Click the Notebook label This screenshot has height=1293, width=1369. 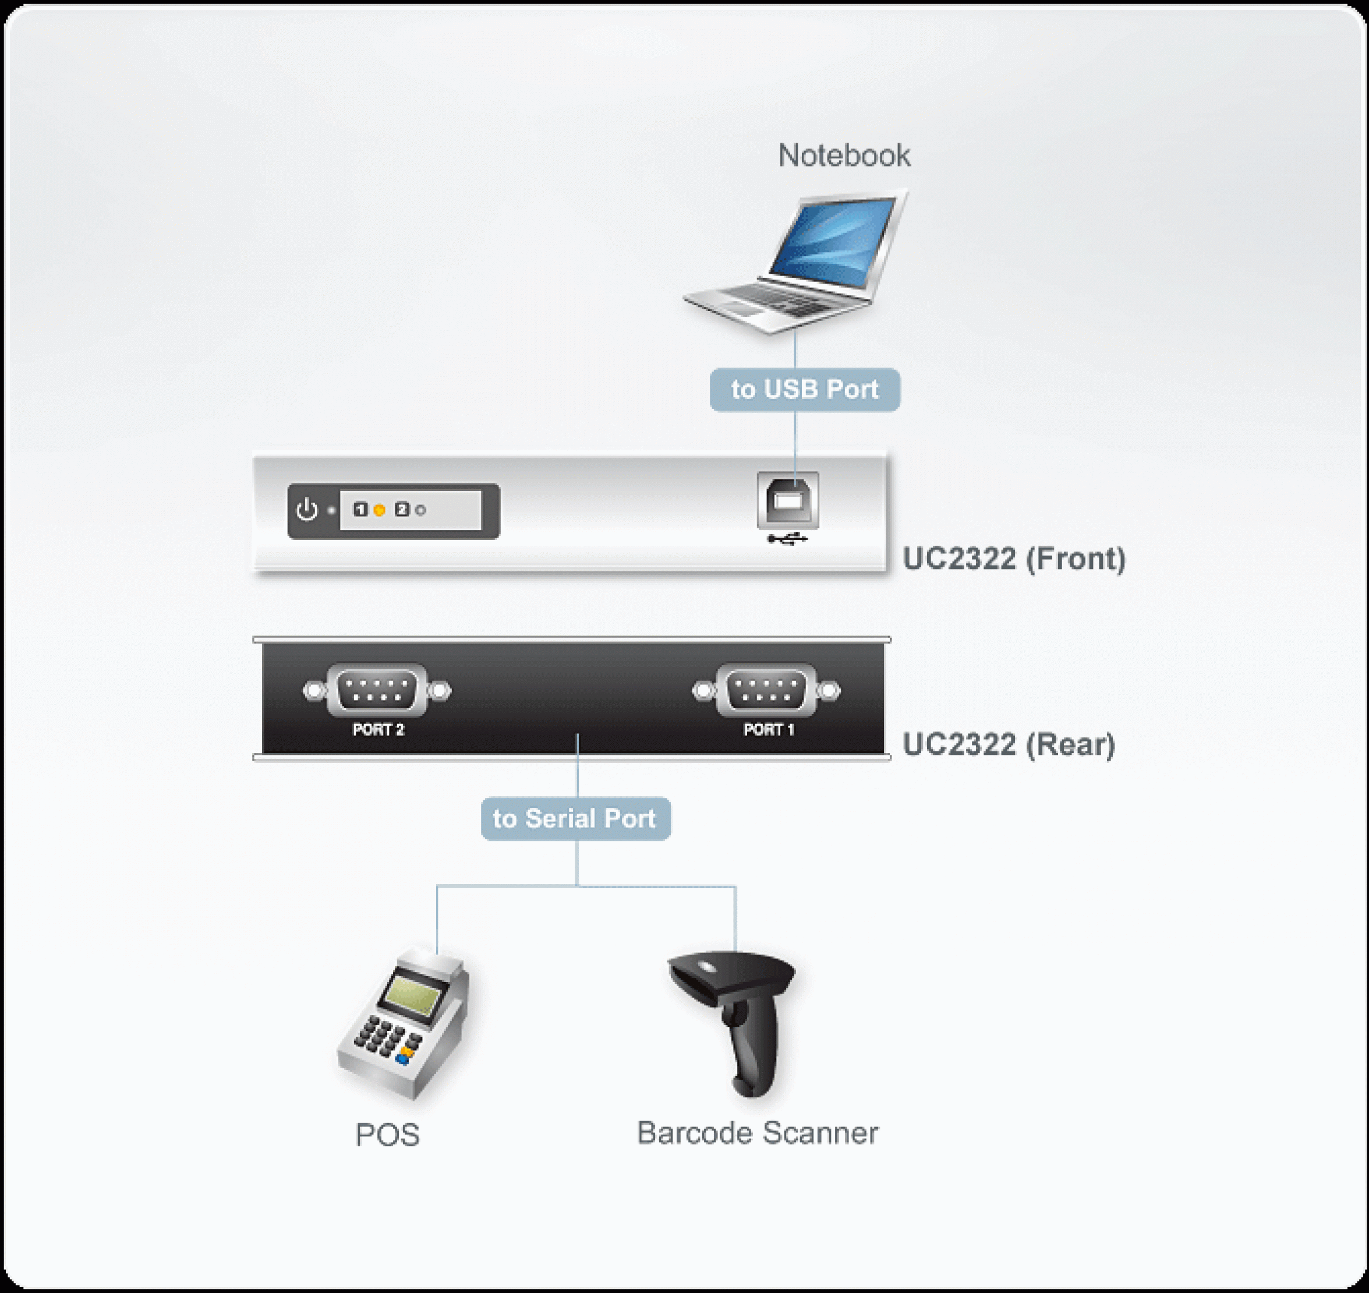click(x=844, y=155)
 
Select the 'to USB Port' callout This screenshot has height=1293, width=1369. click(x=805, y=390)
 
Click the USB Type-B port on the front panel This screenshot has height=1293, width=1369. click(x=787, y=500)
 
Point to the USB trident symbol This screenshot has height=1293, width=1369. click(x=787, y=538)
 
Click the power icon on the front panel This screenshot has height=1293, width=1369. click(x=307, y=510)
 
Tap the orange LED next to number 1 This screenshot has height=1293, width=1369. click(x=379, y=510)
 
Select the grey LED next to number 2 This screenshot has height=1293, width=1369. click(x=420, y=510)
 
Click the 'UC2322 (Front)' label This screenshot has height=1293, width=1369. click(x=1013, y=559)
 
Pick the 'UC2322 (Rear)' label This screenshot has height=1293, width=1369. click(x=1009, y=744)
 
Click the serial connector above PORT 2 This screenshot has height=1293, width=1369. click(x=377, y=690)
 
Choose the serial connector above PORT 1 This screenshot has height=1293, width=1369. click(x=767, y=690)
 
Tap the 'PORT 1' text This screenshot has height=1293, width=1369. click(x=769, y=729)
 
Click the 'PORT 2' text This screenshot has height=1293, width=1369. click(x=378, y=729)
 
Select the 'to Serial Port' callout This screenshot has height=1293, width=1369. click(x=575, y=819)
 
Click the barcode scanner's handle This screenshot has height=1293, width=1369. click(x=752, y=1048)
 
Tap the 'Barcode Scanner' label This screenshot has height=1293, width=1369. click(x=757, y=1133)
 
